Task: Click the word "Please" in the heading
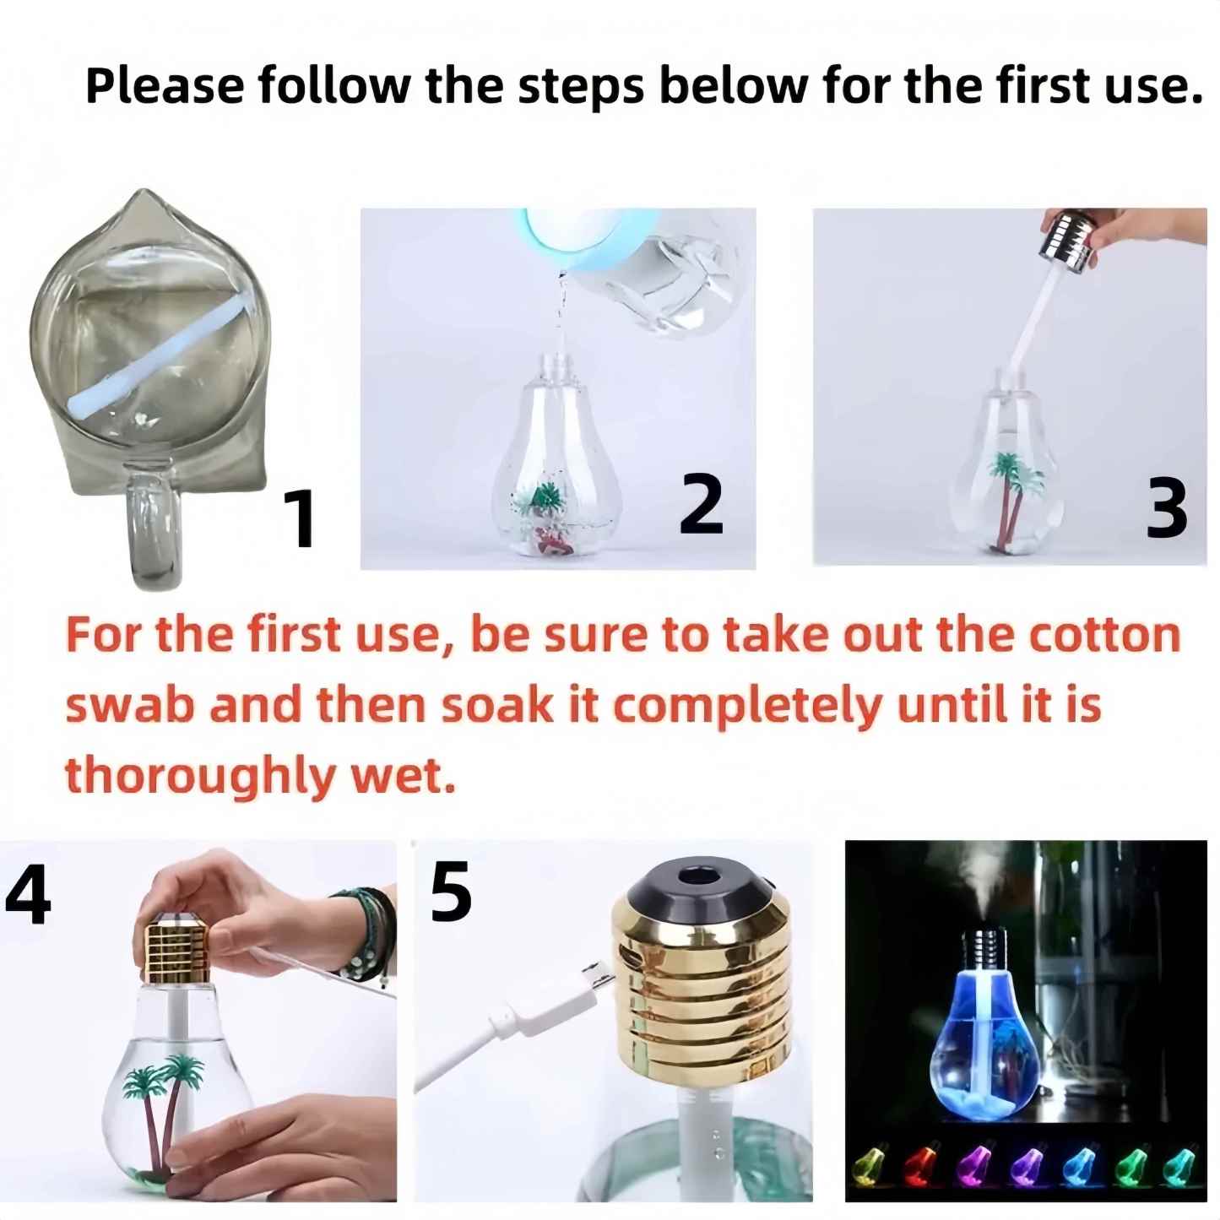(x=165, y=87)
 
